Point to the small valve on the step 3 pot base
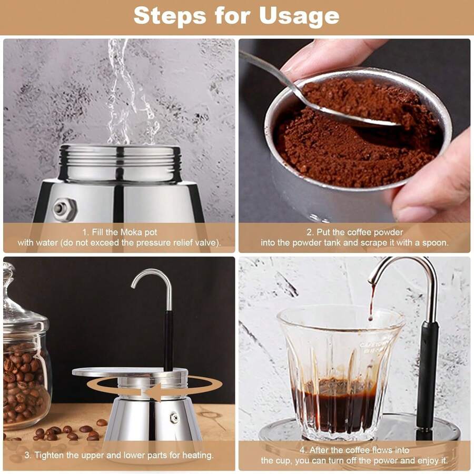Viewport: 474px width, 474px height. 174,418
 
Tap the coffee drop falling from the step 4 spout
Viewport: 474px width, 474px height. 372,303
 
